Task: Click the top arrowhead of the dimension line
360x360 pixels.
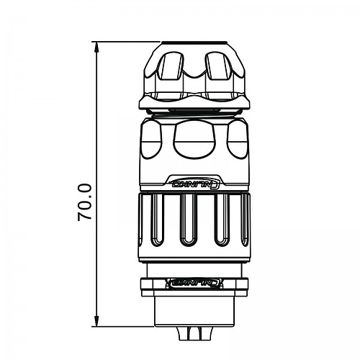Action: (x=96, y=47)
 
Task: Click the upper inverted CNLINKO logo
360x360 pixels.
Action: (x=193, y=183)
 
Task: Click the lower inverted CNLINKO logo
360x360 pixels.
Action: (x=193, y=282)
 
